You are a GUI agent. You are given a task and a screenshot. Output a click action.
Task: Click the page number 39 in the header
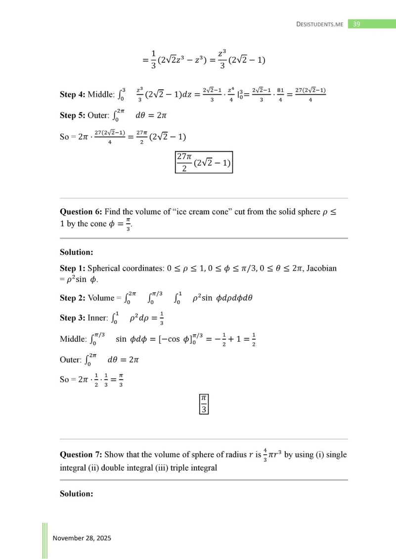pos(355,24)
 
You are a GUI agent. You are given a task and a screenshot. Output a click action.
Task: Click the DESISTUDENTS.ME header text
pos(319,24)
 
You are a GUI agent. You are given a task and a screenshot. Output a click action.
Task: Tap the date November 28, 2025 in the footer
pos(82,538)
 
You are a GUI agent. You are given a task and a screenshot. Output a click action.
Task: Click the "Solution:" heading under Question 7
pos(77,493)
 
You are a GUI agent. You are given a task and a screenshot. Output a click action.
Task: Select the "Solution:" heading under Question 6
pos(77,252)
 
